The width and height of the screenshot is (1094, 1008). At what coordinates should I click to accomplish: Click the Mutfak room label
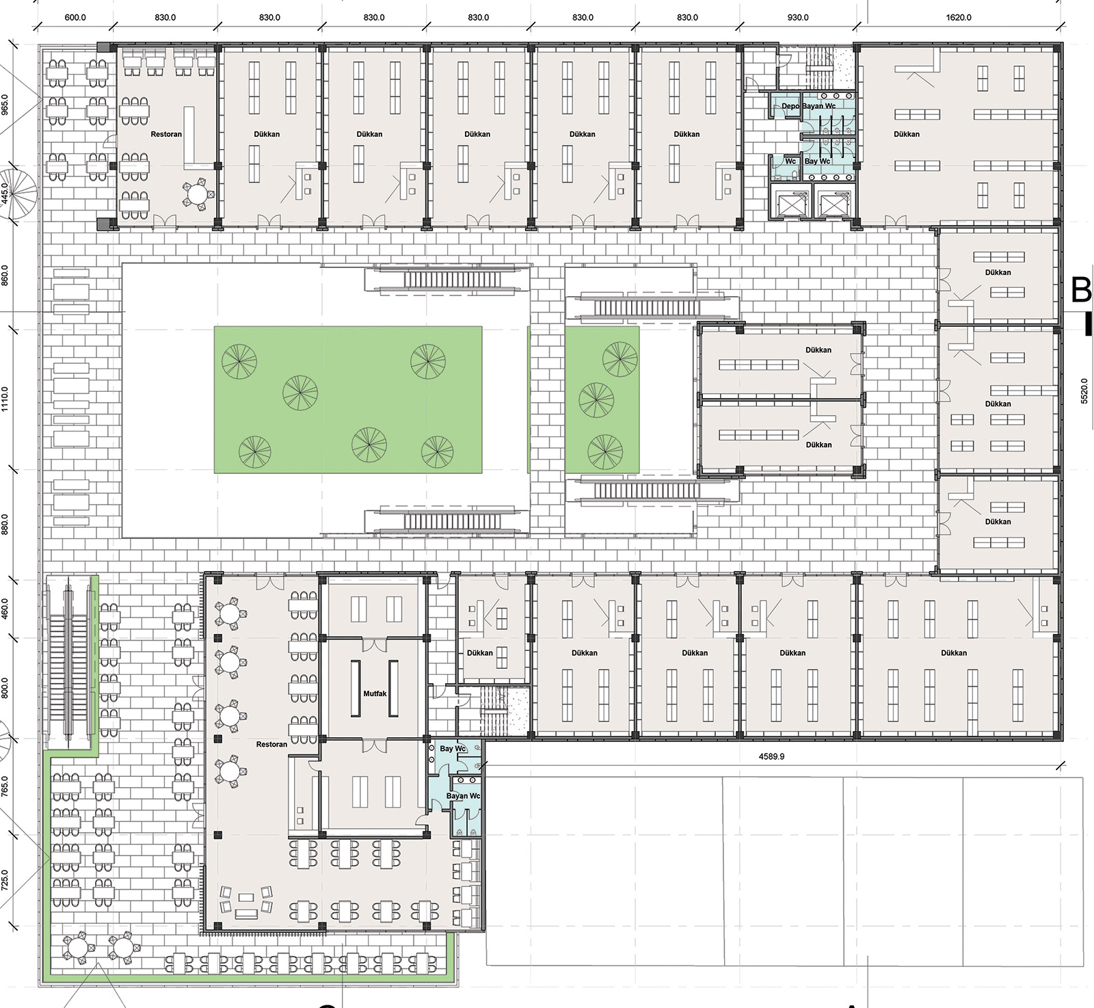[x=375, y=693]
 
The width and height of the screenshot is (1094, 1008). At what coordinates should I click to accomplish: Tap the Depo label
[x=790, y=106]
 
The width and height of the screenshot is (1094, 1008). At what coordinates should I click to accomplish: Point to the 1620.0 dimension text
[x=959, y=17]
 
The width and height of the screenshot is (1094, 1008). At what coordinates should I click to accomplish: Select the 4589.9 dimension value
[x=771, y=756]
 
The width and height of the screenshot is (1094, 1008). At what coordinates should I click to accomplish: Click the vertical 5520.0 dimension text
[x=1084, y=391]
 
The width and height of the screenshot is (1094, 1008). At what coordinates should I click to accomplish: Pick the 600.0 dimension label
[x=75, y=17]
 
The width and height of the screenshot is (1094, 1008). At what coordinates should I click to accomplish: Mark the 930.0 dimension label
[x=797, y=17]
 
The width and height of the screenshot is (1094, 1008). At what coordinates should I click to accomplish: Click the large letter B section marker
[x=1081, y=290]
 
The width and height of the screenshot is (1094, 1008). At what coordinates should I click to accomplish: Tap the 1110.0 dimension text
[x=5, y=399]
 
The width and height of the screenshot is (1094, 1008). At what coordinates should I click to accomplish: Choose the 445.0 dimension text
[x=5, y=194]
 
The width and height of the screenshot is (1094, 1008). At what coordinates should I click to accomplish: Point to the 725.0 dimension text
[x=5, y=880]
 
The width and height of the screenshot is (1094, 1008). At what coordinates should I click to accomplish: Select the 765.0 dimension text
[x=5, y=786]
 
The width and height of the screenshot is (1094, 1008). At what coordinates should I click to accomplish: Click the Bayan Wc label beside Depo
[x=819, y=106]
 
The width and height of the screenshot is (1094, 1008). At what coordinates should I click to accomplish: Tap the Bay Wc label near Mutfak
[x=453, y=748]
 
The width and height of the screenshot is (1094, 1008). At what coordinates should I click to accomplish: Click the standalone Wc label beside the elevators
[x=790, y=161]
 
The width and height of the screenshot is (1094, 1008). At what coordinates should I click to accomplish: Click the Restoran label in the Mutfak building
[x=271, y=744]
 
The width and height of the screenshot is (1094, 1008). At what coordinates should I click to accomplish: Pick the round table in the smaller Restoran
[x=198, y=194]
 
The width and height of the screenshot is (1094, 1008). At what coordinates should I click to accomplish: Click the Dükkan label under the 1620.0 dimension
[x=907, y=134]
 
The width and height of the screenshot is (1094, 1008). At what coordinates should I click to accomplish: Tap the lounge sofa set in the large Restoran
[x=245, y=902]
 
